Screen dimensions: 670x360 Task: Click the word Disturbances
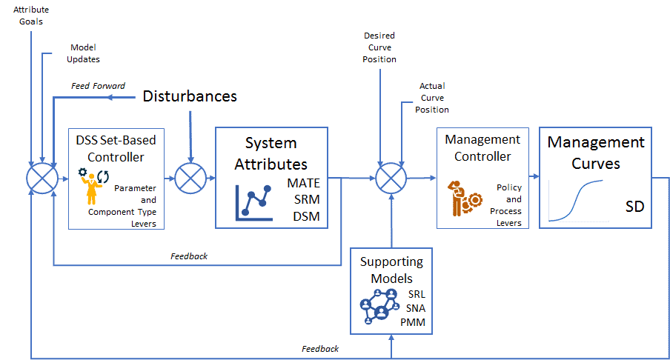[190, 96]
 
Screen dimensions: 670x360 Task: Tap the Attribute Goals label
[31, 16]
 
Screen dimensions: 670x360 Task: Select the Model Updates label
[83, 53]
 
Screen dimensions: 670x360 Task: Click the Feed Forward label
[98, 86]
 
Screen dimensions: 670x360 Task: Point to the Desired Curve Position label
[379, 47]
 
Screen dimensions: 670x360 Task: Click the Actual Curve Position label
[432, 98]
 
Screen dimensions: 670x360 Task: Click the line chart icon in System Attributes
[253, 203]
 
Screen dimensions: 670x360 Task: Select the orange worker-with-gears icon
[465, 199]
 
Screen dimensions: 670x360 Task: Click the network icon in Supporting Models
[379, 307]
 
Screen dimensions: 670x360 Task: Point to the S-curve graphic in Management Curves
[576, 200]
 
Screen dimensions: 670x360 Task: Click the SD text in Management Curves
[634, 207]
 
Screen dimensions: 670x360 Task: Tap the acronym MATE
[303, 183]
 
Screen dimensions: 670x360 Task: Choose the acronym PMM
[413, 322]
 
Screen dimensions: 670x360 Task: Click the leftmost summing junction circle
[42, 179]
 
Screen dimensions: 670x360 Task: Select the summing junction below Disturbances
[190, 179]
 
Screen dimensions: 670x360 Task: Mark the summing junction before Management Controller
[391, 179]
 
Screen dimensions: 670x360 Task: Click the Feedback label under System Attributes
[189, 256]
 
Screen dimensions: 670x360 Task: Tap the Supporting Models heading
[392, 270]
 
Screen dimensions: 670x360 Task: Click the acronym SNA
[416, 308]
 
